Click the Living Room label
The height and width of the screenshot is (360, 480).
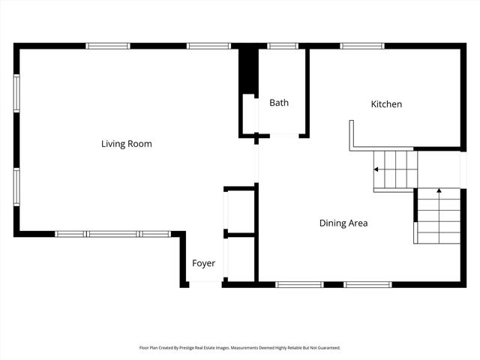tap(126, 143)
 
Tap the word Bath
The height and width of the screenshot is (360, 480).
tap(279, 103)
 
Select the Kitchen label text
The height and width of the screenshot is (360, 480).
tap(386, 104)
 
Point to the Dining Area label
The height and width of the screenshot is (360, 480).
tap(343, 223)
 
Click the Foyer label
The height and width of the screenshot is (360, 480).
tap(203, 263)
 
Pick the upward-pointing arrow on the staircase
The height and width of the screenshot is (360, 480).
tap(439, 193)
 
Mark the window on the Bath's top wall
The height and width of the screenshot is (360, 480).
tap(283, 46)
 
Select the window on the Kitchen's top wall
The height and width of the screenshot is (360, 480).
tap(362, 46)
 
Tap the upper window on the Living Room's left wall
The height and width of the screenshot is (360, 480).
tap(16, 93)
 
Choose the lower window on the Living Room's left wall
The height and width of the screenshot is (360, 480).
tap(16, 187)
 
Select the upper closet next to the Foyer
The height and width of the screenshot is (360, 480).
tap(240, 211)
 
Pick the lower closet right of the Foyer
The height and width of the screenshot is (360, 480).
tap(240, 259)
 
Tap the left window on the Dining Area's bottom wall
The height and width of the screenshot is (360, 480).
tap(300, 284)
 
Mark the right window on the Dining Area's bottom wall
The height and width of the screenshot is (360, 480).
tap(367, 284)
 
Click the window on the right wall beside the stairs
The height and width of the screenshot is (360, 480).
tap(463, 169)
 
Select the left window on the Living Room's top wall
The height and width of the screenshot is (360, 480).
tap(108, 46)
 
